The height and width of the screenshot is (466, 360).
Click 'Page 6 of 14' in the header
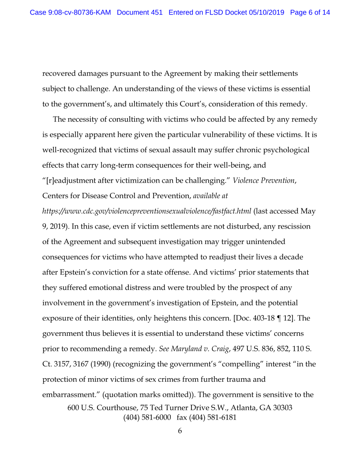point(310,12)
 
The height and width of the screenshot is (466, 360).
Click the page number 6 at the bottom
point(180,431)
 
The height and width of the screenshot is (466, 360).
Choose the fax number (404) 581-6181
point(206,417)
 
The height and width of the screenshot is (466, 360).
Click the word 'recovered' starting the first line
point(60,73)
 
